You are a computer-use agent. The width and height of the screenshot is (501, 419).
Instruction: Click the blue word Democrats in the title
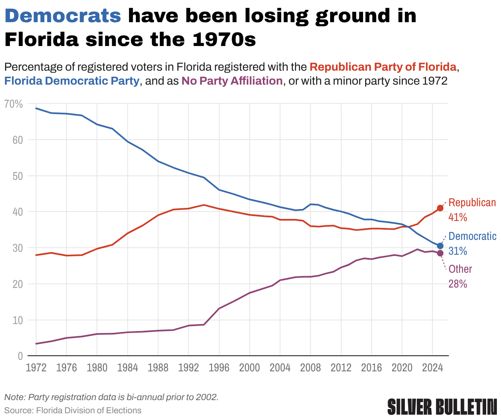[63, 16]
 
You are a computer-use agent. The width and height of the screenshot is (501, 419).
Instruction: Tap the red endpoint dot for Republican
[440, 208]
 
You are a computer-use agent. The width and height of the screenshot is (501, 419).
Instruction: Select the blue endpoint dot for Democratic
[440, 246]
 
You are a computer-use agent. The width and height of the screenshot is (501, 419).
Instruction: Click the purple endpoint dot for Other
[440, 253]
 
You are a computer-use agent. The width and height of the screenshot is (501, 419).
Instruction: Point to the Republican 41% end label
[472, 210]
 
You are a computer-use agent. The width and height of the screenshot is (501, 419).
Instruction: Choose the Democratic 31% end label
[472, 244]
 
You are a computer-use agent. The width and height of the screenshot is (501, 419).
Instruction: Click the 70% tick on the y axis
[14, 104]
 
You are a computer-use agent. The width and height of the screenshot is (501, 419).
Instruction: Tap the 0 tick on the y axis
[20, 356]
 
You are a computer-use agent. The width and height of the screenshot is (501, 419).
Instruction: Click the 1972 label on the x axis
[36, 368]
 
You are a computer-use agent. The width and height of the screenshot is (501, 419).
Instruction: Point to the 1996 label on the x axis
[219, 368]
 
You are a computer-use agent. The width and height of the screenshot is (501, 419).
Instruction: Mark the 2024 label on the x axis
[432, 368]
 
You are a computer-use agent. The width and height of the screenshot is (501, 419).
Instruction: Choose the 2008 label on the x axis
[310, 368]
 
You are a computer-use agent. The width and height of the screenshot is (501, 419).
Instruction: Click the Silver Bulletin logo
[442, 406]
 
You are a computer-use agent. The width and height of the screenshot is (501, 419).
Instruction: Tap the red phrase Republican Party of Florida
[383, 67]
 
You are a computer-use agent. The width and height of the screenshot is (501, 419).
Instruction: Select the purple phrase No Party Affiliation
[232, 81]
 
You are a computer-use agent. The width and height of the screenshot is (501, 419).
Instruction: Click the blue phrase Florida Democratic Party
[72, 81]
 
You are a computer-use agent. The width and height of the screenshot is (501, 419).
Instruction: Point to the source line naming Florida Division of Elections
[73, 410]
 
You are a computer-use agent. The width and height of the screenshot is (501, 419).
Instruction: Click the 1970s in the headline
[223, 40]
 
